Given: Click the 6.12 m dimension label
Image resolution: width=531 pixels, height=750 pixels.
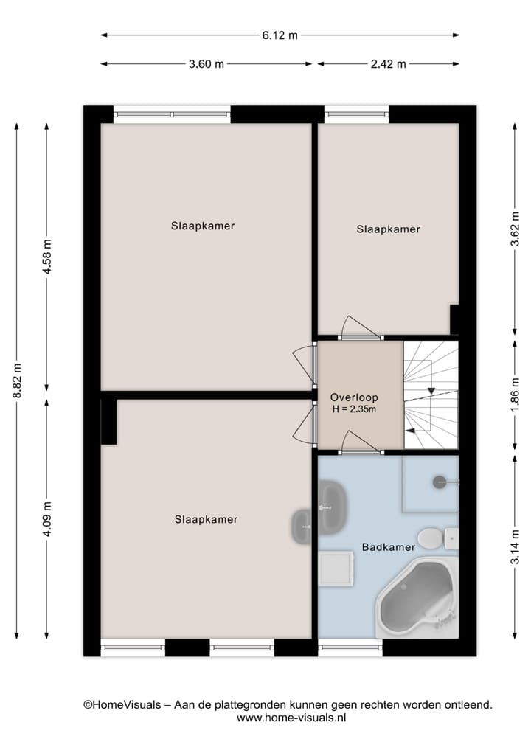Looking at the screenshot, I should pos(280,35).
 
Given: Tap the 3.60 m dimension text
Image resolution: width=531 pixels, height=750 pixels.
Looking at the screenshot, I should pos(206,64).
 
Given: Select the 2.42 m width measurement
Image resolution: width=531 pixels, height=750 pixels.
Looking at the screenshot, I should pos(388,64).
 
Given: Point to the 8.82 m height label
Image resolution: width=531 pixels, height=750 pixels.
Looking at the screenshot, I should pos(17,381).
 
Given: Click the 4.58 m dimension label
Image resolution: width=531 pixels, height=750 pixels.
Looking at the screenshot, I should pos(47,257).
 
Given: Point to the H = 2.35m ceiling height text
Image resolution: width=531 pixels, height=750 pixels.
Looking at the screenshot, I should pos(354,410).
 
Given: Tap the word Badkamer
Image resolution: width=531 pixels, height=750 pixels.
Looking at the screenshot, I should pos(388,547).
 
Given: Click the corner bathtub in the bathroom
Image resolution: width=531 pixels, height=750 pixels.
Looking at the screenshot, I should pos(417,597).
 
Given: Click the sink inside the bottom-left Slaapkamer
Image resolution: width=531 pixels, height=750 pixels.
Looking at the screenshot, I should pos(302,526).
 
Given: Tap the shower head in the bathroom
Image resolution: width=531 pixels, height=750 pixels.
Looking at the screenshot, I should pos(441,482).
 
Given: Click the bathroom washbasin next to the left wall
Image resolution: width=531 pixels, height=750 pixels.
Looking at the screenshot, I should pos(334,507).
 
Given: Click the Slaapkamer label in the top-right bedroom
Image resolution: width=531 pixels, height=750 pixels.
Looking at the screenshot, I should pos(388,229).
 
